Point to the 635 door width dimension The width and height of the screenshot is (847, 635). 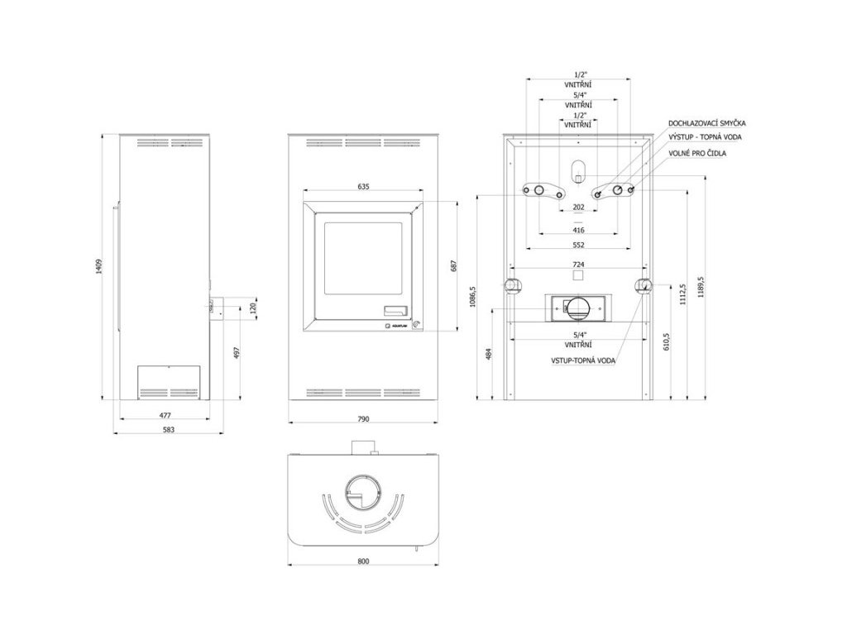363,187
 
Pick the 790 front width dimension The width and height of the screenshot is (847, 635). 363,420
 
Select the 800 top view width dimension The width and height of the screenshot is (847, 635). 363,561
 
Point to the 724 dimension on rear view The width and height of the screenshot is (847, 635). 578,264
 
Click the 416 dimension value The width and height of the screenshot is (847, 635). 578,231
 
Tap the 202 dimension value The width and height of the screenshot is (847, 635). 578,207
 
